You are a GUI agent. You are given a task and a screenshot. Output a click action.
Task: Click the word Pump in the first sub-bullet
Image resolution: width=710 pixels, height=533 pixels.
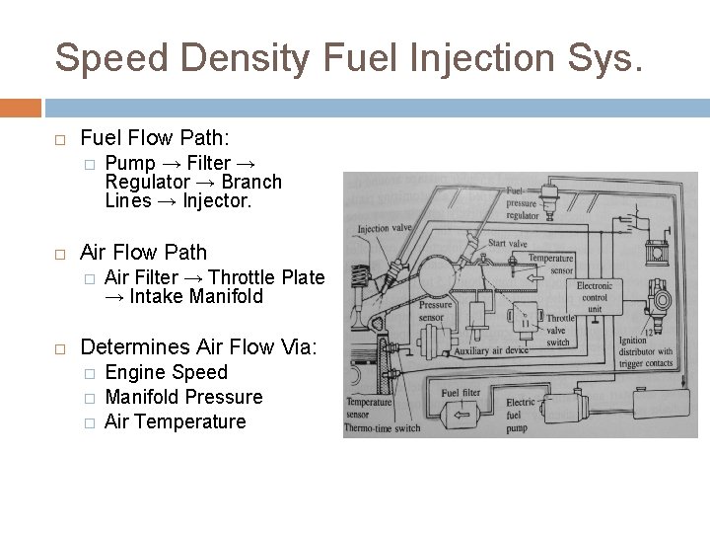click(x=128, y=163)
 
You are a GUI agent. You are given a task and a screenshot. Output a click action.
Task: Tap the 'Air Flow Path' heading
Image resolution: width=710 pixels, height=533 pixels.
click(x=144, y=252)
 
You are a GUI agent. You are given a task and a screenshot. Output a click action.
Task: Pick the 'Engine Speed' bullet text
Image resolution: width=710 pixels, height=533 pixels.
click(x=166, y=372)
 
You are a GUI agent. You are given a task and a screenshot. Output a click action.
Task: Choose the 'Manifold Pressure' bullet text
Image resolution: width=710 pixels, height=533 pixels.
click(x=183, y=397)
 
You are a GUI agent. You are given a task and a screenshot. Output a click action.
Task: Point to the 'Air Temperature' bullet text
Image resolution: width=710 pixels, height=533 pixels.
click(x=176, y=421)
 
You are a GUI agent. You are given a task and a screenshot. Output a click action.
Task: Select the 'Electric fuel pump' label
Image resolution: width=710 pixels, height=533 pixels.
click(x=521, y=416)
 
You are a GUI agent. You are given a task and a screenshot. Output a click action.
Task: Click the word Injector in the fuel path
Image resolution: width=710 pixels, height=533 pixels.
click(x=218, y=200)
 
